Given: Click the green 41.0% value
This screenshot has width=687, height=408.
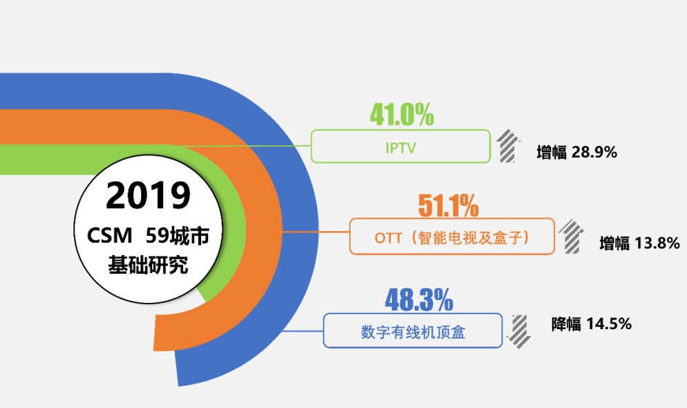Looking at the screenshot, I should click(x=402, y=115).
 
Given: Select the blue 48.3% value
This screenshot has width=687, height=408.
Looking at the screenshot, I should click(x=418, y=300).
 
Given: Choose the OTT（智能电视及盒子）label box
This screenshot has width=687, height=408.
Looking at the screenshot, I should click(x=452, y=237).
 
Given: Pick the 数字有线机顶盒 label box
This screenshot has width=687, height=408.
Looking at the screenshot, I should click(x=413, y=331).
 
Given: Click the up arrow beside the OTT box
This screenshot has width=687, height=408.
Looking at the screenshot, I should click(x=570, y=236).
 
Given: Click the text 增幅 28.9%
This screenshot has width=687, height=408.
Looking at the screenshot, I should click(x=576, y=152).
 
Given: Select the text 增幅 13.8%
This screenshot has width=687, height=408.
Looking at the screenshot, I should click(x=639, y=243).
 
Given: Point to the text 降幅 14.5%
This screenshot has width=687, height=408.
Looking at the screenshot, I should click(x=591, y=324).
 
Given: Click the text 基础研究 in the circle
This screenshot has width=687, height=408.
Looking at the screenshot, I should click(x=148, y=265).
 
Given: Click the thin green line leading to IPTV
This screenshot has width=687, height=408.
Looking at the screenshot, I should click(x=276, y=146).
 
